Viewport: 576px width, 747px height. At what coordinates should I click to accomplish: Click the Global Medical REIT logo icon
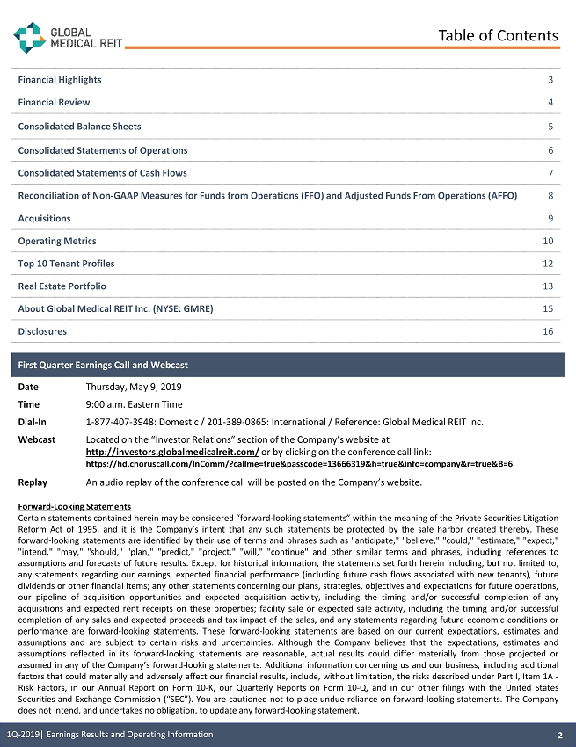pyautogui.click(x=29, y=36)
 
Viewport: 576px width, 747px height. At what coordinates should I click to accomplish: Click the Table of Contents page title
pyautogui.click(x=498, y=35)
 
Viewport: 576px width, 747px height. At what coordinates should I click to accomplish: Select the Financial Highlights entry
pyautogui.click(x=60, y=80)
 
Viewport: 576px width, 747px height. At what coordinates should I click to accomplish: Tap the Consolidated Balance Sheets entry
pyautogui.click(x=79, y=127)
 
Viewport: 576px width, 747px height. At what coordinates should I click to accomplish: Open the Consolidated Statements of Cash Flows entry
pyautogui.click(x=102, y=173)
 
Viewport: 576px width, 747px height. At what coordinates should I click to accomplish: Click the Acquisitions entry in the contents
pyautogui.click(x=45, y=218)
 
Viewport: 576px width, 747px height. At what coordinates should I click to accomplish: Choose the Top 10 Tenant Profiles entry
pyautogui.click(x=66, y=264)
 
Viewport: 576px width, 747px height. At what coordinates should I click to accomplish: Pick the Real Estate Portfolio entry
pyautogui.click(x=62, y=286)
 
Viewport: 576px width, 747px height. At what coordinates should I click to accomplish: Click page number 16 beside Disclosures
pyautogui.click(x=548, y=332)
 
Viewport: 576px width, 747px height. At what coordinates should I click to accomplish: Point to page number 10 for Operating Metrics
pyautogui.click(x=548, y=241)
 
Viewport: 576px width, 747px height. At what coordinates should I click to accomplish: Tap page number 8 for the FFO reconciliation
pyautogui.click(x=550, y=196)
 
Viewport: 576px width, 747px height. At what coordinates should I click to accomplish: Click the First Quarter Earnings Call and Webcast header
pyautogui.click(x=103, y=365)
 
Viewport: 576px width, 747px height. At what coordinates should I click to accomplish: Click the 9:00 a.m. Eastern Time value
pyautogui.click(x=134, y=404)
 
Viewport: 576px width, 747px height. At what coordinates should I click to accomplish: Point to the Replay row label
pyautogui.click(x=33, y=482)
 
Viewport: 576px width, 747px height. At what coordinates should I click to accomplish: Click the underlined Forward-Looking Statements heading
pyautogui.click(x=74, y=507)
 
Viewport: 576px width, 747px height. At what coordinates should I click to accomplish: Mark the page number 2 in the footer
pyautogui.click(x=559, y=735)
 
